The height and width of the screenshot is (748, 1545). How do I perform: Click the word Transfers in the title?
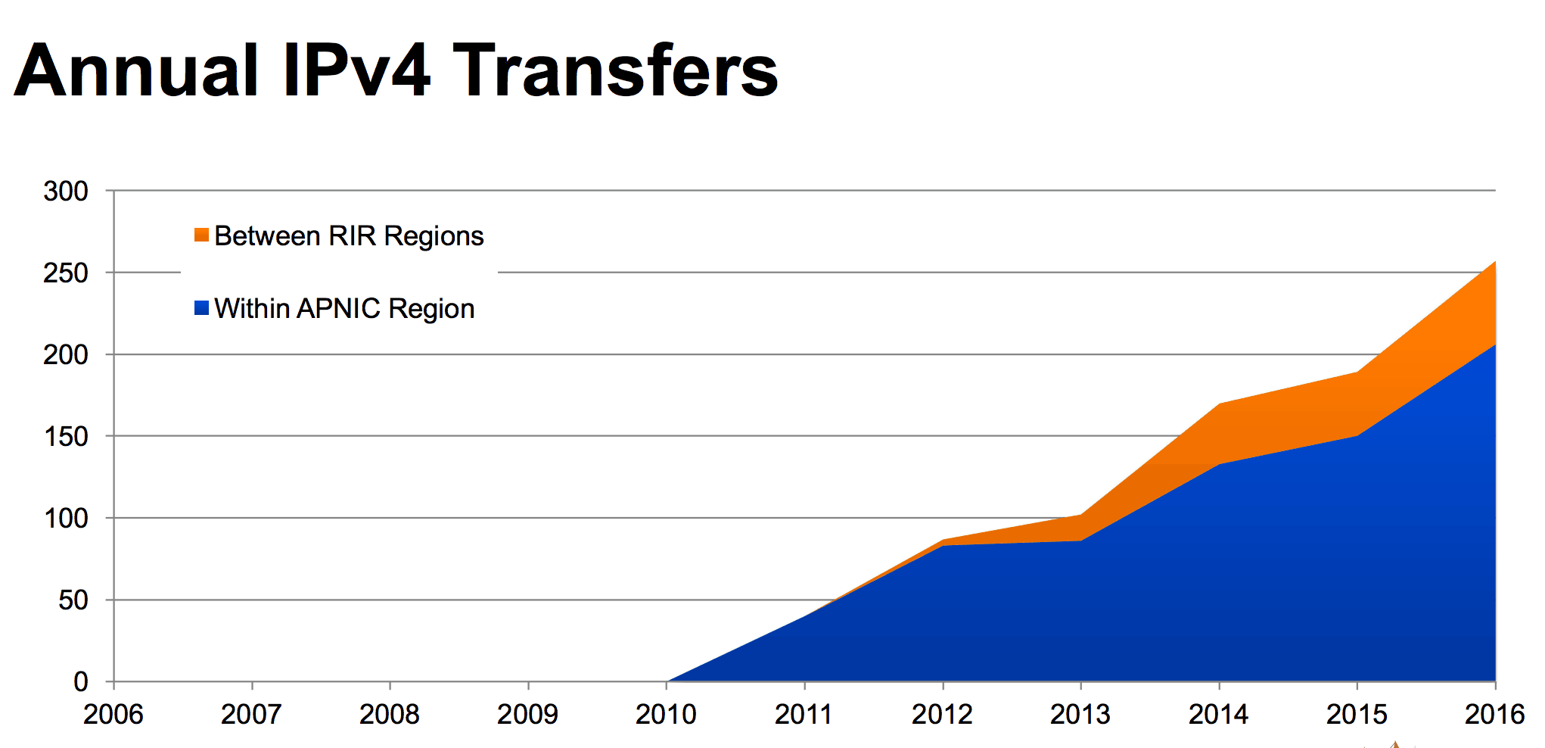pyautogui.click(x=615, y=71)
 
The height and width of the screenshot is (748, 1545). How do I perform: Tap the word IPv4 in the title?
pyautogui.click(x=356, y=71)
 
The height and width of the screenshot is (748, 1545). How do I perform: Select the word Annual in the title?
pyautogui.click(x=137, y=71)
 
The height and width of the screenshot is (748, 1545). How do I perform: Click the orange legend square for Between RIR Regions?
pyautogui.click(x=201, y=235)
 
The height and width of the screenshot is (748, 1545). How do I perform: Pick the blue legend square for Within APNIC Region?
pyautogui.click(x=201, y=308)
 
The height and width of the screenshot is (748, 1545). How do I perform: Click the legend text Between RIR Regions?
pyautogui.click(x=349, y=236)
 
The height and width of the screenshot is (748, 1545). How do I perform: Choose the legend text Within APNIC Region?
pyautogui.click(x=344, y=309)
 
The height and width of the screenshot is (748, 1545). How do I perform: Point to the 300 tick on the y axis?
pyautogui.click(x=66, y=192)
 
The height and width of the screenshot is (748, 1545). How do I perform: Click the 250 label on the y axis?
pyautogui.click(x=66, y=273)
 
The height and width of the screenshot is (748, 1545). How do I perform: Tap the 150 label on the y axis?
pyautogui.click(x=66, y=437)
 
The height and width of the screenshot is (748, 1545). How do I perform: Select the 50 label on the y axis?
pyautogui.click(x=73, y=600)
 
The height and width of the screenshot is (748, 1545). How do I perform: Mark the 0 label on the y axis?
pyautogui.click(x=81, y=682)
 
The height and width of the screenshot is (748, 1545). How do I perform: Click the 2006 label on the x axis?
pyautogui.click(x=113, y=714)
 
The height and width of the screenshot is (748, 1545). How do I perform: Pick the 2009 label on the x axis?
pyautogui.click(x=527, y=714)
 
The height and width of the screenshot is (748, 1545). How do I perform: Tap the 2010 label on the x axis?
pyautogui.click(x=666, y=714)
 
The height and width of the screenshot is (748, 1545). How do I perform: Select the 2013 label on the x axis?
pyautogui.click(x=1080, y=714)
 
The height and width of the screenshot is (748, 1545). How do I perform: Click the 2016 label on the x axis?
pyautogui.click(x=1494, y=714)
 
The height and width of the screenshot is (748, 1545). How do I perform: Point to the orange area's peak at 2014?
pyautogui.click(x=1219, y=404)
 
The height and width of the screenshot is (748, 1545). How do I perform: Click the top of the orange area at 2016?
pyautogui.click(x=1494, y=262)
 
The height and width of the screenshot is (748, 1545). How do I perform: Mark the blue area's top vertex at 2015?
pyautogui.click(x=1357, y=436)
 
